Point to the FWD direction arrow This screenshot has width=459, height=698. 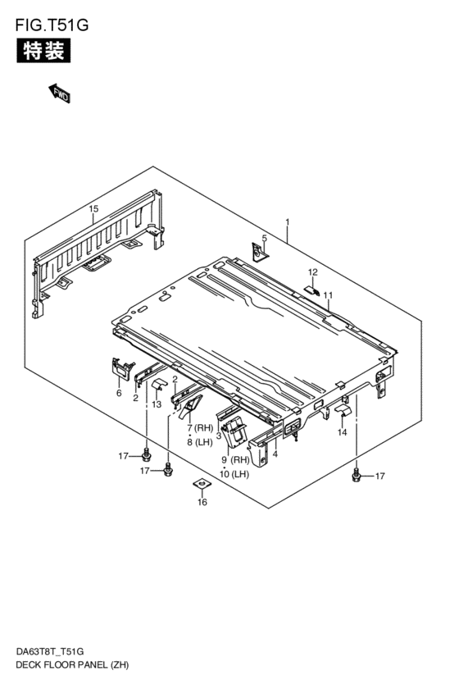59,92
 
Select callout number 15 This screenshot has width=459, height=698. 93,210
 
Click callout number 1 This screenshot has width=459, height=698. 288,221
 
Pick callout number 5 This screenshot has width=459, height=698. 264,239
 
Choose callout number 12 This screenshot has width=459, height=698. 312,271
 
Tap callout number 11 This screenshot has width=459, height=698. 327,295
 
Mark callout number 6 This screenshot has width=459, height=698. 119,394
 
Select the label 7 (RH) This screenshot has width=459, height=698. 199,428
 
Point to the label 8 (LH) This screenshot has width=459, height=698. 199,442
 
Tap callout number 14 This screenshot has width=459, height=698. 342,432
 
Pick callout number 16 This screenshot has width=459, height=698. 202,503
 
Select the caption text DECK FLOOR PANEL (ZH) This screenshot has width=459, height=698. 73,663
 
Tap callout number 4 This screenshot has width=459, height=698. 275,454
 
